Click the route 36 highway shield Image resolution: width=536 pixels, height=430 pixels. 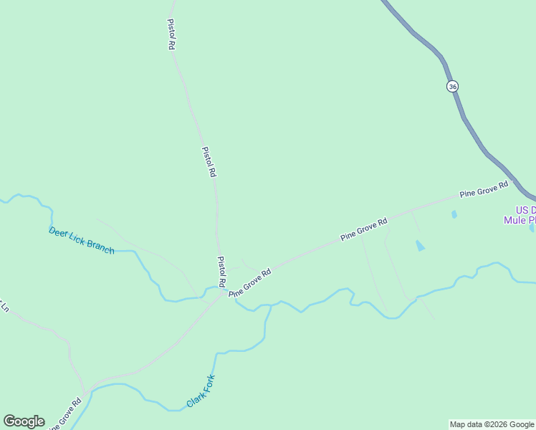(451, 86)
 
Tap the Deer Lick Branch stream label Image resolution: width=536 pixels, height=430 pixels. (82, 240)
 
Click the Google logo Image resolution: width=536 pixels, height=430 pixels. (24, 421)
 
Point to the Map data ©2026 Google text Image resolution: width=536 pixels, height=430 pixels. (492, 424)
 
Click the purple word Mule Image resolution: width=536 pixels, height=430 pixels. (515, 220)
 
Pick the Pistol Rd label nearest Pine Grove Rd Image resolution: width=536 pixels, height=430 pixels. (222, 271)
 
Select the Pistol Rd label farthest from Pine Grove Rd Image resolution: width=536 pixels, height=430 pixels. (171, 34)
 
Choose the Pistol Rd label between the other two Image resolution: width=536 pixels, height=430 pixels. (209, 162)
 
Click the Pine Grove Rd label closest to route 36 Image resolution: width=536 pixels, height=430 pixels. (484, 189)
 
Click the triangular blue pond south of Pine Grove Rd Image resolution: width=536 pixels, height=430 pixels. (420, 246)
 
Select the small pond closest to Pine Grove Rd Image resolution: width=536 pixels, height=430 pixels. (454, 214)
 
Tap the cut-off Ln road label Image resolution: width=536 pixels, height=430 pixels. (4, 307)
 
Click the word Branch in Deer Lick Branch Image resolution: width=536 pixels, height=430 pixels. (100, 245)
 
